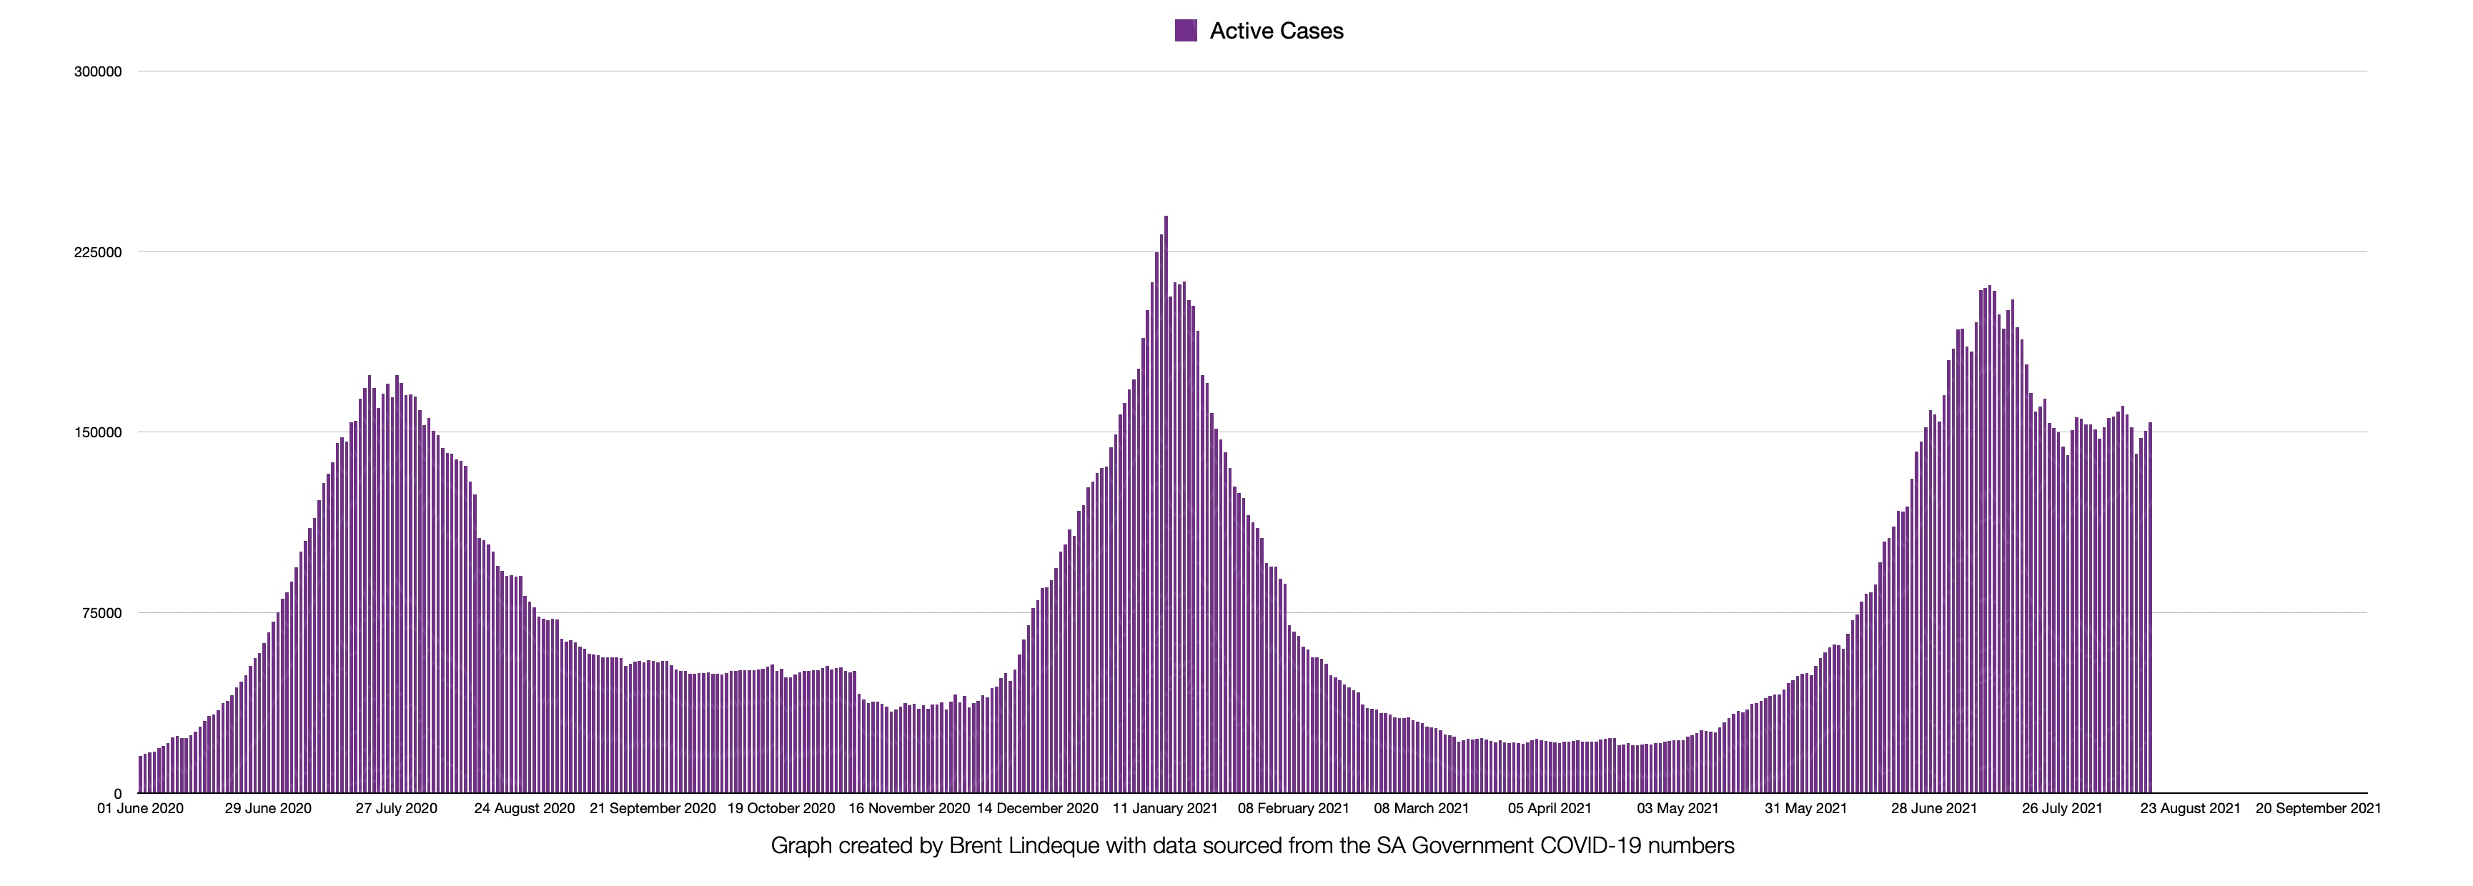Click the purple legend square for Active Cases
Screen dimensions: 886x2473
point(1186,31)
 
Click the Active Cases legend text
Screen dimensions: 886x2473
point(1276,31)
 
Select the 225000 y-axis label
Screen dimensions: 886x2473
point(98,252)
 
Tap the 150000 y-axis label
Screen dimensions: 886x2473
point(98,433)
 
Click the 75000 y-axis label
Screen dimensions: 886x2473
point(101,613)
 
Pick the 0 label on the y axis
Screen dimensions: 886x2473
point(118,794)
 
